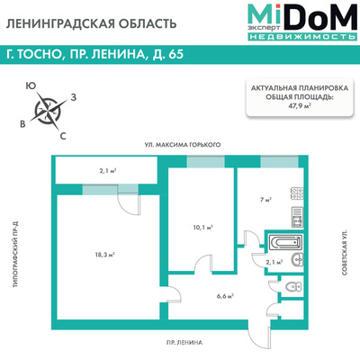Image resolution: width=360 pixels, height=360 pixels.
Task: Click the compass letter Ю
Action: pos(31,87)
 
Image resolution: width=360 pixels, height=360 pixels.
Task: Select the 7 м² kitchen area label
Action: pos(266,199)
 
